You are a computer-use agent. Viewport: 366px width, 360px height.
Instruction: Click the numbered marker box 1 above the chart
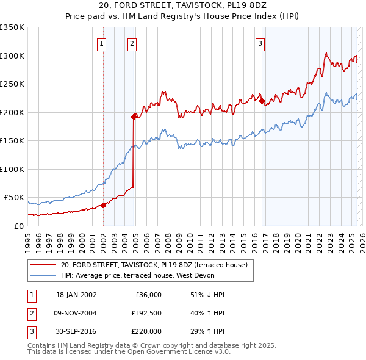(101, 43)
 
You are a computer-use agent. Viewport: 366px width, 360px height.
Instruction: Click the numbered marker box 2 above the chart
(131, 43)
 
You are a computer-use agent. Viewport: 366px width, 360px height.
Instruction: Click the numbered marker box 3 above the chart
(260, 43)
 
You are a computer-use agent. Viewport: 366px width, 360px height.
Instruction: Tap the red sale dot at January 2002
(103, 205)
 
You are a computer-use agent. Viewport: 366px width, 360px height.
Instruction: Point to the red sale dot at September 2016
(262, 101)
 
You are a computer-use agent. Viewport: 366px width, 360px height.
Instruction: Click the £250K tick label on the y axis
(12, 84)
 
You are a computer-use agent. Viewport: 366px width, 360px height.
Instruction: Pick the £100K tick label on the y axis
(12, 169)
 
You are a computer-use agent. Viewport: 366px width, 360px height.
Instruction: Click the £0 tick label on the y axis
(18, 226)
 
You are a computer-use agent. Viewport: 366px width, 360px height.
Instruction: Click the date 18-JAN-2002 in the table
(76, 295)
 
